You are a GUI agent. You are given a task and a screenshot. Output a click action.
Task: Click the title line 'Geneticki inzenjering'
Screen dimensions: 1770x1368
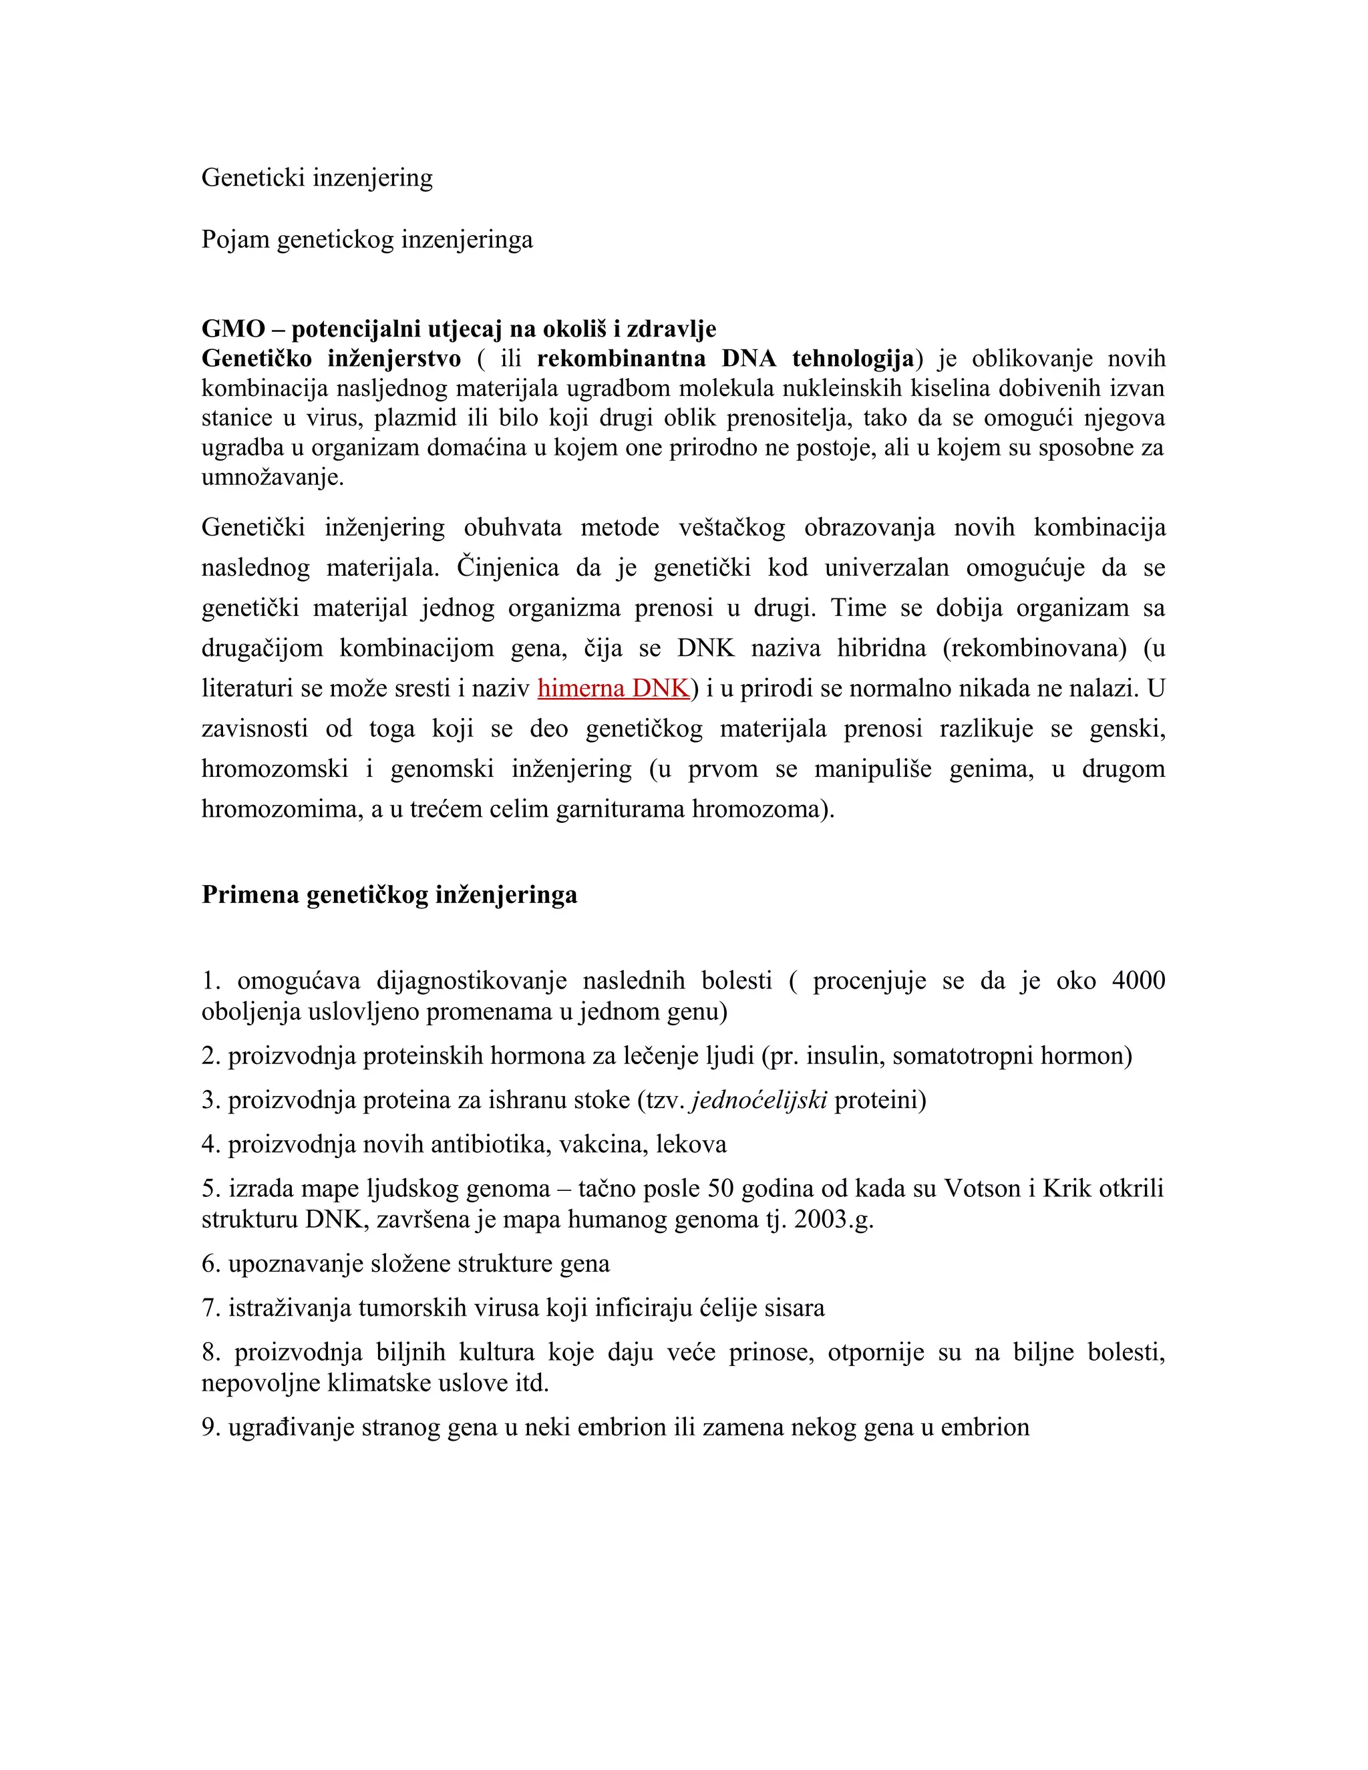pos(317,178)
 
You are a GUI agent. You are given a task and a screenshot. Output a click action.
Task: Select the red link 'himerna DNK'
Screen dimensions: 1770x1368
pos(613,688)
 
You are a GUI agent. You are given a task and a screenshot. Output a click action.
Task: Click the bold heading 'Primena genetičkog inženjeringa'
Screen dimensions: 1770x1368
pos(389,895)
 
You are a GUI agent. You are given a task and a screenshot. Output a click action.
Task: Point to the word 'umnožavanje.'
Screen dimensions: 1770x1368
pos(273,478)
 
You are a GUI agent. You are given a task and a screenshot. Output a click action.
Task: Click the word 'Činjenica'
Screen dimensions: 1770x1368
pos(508,567)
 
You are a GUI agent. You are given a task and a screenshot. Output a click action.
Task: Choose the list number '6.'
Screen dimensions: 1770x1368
pos(212,1264)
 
